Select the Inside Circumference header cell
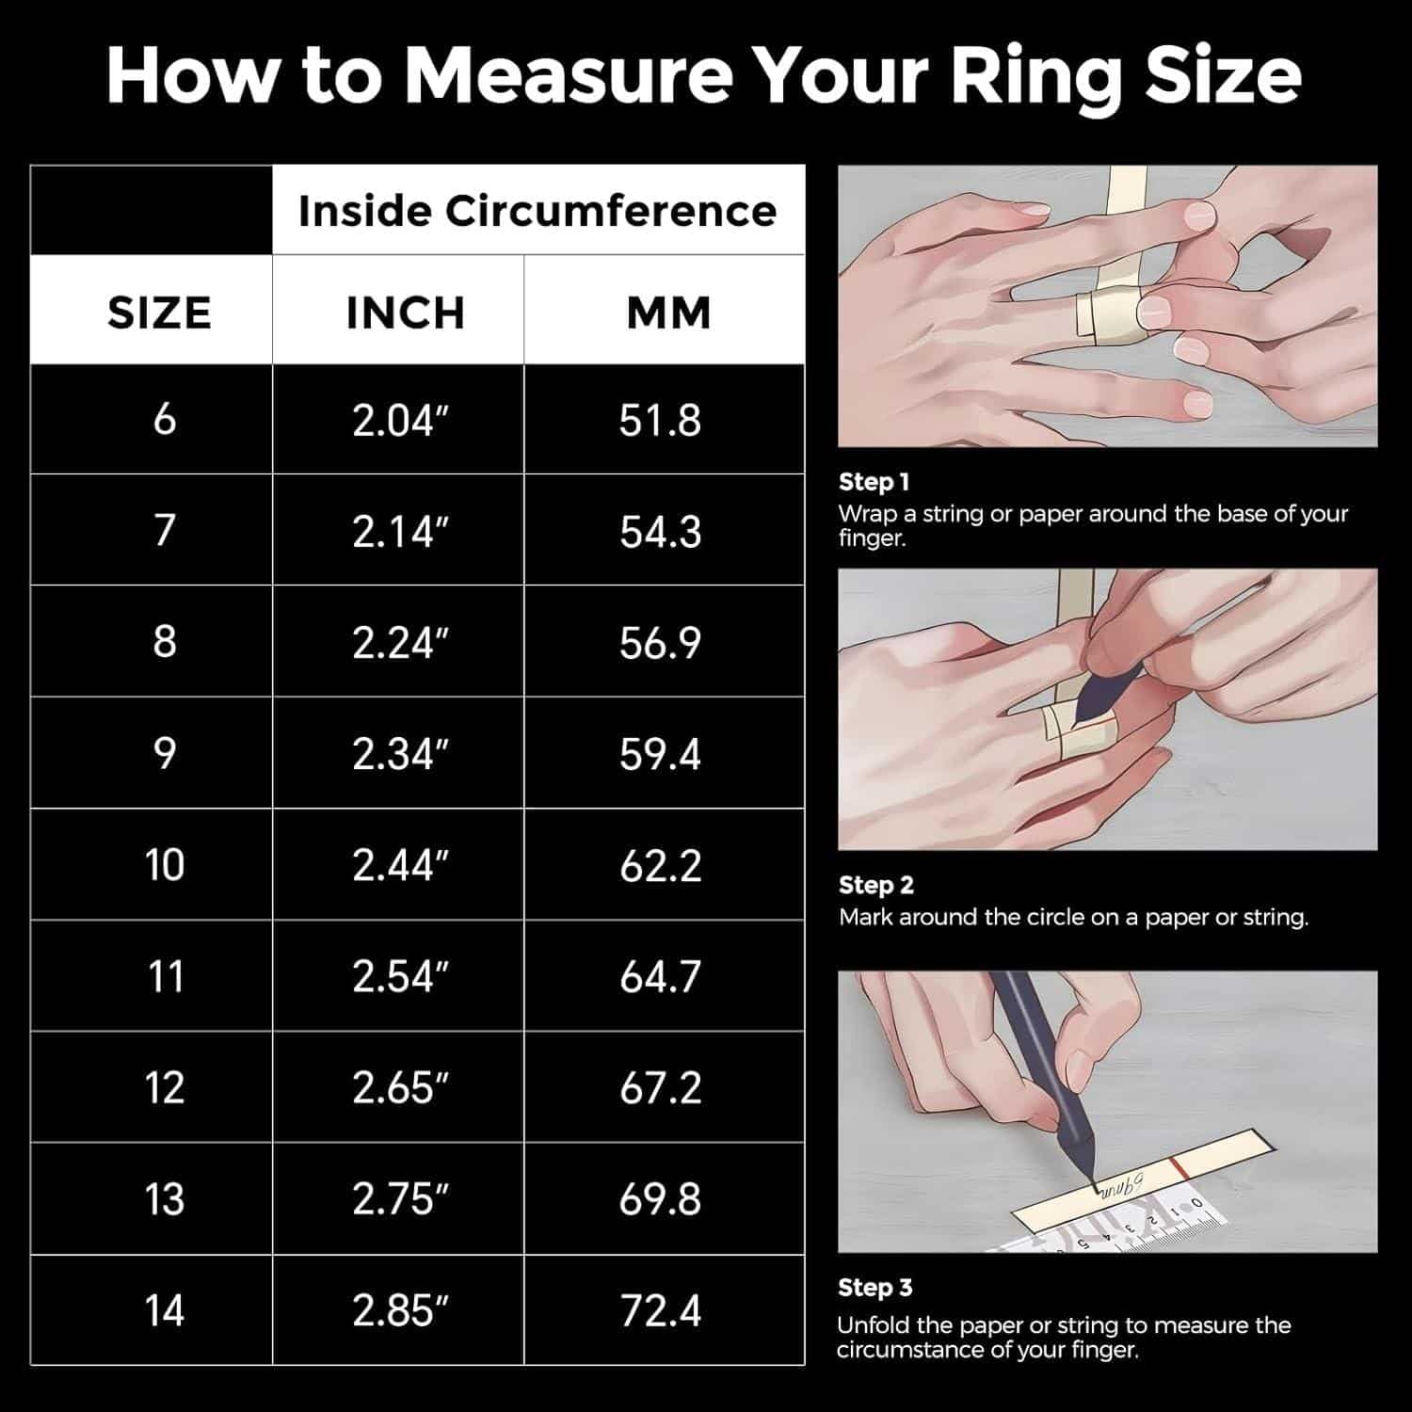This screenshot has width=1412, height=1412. click(x=538, y=211)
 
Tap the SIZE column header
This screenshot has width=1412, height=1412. click(x=159, y=313)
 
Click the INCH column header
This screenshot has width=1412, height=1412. click(x=406, y=313)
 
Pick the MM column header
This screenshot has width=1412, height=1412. click(x=668, y=313)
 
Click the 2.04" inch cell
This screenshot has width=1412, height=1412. click(x=399, y=420)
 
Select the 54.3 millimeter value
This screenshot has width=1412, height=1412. click(x=660, y=532)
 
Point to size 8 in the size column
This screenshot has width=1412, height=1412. click(x=165, y=642)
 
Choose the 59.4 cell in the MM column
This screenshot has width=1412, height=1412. click(x=660, y=754)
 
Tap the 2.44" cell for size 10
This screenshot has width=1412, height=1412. click(x=399, y=865)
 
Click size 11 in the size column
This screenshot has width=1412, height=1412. click(x=165, y=976)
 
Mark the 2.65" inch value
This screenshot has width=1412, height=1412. click(x=399, y=1088)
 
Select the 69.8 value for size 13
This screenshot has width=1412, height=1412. click(x=660, y=1199)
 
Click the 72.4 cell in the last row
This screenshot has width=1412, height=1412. click(x=660, y=1310)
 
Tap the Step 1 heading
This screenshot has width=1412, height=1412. click(x=874, y=483)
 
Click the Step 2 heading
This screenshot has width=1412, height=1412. click(x=875, y=886)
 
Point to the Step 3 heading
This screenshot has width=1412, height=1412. click(x=874, y=1288)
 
